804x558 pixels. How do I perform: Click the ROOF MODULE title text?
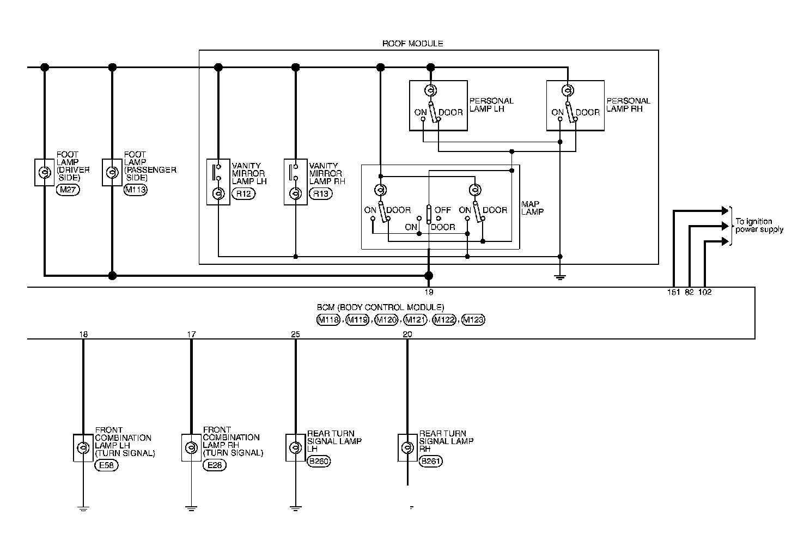click(412, 43)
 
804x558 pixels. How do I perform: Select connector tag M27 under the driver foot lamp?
click(68, 190)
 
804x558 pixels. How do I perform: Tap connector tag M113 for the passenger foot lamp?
click(135, 190)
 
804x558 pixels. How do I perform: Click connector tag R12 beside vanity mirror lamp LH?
click(243, 193)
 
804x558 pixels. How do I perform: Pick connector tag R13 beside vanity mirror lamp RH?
click(320, 193)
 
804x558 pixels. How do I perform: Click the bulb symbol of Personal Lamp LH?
click(430, 90)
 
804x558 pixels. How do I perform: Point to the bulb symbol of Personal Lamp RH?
click(568, 90)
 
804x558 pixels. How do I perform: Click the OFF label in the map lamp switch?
click(443, 210)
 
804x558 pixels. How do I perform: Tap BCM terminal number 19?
click(429, 292)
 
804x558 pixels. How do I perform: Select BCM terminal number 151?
click(674, 292)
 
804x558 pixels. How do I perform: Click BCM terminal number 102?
click(705, 292)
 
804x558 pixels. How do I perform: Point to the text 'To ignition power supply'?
click(759, 225)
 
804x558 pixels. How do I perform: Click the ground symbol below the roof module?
click(559, 277)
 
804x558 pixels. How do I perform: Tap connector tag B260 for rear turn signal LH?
click(319, 461)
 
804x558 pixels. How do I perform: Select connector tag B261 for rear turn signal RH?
click(431, 461)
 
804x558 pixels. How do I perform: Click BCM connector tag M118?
click(328, 320)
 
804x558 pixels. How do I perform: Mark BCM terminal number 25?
click(295, 334)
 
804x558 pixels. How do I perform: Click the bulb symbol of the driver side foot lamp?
click(44, 173)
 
